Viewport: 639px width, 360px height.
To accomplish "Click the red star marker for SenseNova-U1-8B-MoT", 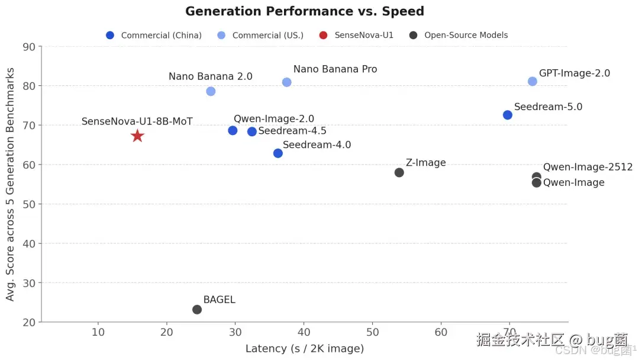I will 137,136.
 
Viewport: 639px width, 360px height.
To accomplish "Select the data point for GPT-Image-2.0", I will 532,81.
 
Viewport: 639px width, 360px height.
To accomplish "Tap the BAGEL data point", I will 197,310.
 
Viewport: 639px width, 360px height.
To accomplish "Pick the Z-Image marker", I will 399,172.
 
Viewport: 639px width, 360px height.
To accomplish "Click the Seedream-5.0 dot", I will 507,115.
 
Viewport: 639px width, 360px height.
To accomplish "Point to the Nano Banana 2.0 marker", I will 211,91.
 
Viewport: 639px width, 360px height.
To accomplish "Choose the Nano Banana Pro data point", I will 286,82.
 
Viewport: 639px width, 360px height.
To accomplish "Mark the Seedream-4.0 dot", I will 277,153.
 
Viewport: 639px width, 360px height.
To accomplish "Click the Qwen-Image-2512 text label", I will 588,167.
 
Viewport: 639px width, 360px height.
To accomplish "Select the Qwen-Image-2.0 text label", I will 274,119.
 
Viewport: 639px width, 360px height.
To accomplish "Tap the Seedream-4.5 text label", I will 292,131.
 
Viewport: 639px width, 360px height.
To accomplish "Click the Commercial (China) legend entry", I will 154,36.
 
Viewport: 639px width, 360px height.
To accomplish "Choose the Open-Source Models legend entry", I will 459,36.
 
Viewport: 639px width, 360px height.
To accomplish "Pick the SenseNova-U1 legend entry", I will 356,36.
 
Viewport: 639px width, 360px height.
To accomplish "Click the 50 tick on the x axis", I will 372,332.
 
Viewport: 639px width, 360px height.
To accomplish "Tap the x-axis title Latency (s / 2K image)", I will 305,349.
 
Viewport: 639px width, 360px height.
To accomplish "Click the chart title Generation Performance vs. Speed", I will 305,11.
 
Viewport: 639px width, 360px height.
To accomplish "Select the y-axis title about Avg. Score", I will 11,184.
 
